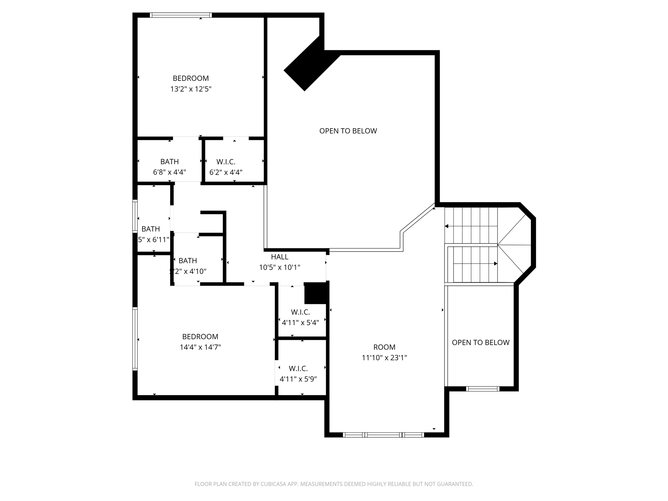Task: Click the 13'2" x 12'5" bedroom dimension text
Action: coord(191,89)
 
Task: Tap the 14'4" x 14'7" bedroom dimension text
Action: coord(200,347)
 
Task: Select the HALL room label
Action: coord(280,257)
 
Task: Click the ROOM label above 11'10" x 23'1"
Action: coord(384,347)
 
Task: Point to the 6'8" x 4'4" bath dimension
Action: coord(169,172)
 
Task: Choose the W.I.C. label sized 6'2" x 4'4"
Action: coord(226,162)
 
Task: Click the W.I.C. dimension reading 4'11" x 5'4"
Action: coord(300,323)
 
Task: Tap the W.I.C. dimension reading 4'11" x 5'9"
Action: coord(298,379)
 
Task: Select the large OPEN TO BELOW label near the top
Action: coord(348,131)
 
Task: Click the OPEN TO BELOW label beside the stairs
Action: coord(480,342)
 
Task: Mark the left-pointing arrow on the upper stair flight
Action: coord(447,226)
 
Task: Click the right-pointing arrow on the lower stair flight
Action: coord(495,264)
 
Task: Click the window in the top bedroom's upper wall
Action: coord(181,15)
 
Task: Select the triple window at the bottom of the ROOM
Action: coord(383,435)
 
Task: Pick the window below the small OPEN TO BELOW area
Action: coord(482,388)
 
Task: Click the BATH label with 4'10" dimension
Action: coord(188,261)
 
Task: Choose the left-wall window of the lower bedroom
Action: coord(135,339)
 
